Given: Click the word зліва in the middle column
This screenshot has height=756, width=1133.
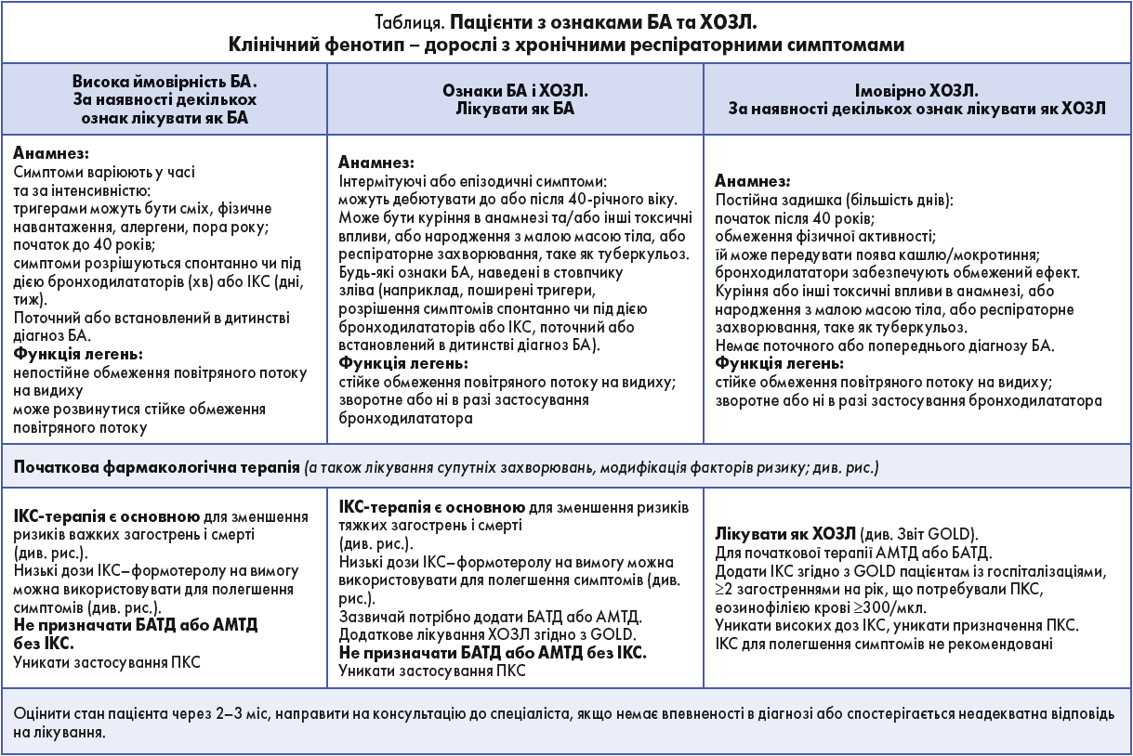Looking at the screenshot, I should pos(356,291).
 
